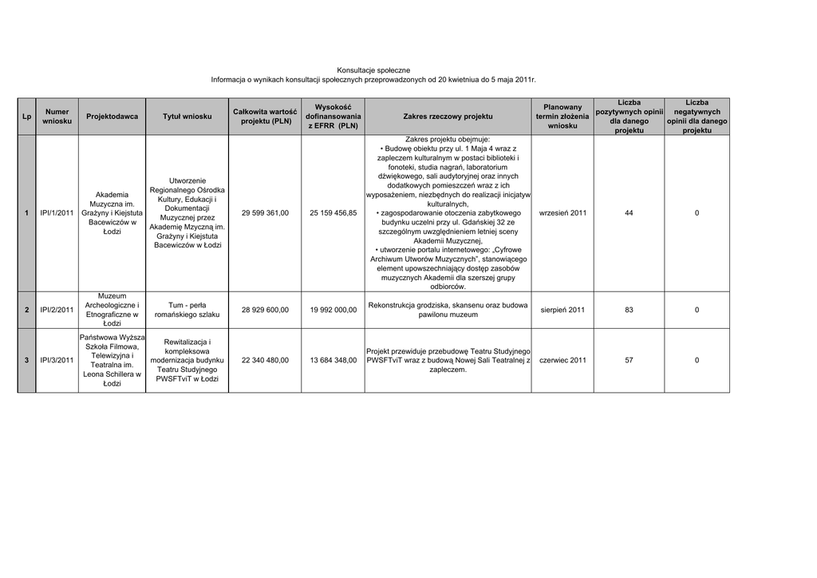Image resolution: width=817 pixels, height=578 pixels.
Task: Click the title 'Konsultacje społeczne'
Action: coord(373,71)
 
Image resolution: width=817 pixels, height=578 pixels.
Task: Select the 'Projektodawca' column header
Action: coord(112,117)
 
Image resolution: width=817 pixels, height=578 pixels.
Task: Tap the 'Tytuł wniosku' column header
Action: coord(187,117)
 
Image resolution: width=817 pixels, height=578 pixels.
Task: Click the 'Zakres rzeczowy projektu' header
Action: coord(448,117)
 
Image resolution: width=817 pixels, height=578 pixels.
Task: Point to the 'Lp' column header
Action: coord(26,117)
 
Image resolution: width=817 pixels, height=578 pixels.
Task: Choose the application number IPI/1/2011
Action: coord(57,213)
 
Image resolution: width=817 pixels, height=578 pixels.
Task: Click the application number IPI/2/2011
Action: coord(57,310)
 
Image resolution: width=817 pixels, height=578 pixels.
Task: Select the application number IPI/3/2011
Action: coord(57,360)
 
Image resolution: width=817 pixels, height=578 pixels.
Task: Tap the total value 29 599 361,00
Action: coord(265,213)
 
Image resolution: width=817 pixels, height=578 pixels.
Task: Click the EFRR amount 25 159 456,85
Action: coord(333,213)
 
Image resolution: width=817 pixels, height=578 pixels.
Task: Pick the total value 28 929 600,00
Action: coord(265,310)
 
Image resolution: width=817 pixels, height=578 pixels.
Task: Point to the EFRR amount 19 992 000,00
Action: coord(333,310)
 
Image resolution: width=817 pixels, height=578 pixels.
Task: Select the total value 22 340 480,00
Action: coord(265,360)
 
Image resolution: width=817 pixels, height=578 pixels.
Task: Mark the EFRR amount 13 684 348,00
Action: coord(333,360)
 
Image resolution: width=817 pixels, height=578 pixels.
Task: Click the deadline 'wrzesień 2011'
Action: coord(562,213)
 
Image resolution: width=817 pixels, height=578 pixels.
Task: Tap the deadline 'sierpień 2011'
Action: coord(562,310)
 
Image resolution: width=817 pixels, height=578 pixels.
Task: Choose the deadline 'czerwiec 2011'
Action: coord(562,360)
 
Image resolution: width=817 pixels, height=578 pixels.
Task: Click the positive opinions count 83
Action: coord(629,310)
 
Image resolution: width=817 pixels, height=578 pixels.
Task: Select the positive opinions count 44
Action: coord(629,213)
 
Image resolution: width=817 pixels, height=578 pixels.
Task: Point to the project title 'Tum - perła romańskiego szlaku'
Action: coord(187,310)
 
